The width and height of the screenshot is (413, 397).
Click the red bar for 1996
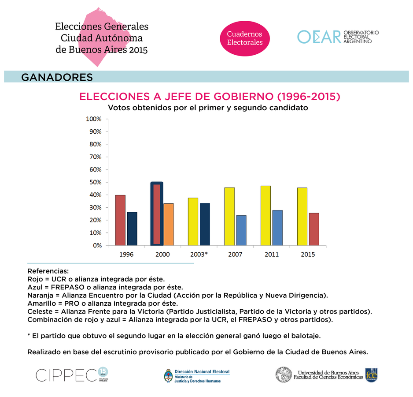coord(120,220)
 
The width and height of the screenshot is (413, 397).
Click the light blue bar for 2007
coord(241,230)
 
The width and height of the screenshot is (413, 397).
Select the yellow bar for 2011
coord(265,216)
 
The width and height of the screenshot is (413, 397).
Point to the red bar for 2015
coord(314,229)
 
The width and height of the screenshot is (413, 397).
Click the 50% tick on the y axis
coord(106,182)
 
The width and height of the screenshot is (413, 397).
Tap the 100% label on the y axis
coord(93,119)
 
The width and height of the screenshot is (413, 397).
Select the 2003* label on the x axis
coord(199,255)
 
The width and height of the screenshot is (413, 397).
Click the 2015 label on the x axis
coord(308,255)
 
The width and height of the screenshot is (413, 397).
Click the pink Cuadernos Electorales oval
coord(244,38)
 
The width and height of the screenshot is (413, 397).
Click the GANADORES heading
coord(57,78)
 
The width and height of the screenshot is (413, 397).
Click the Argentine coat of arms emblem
coord(168,375)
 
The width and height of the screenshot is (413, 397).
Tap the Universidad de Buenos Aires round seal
coord(284,375)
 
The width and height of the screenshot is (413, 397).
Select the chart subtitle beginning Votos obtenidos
coord(207,108)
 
